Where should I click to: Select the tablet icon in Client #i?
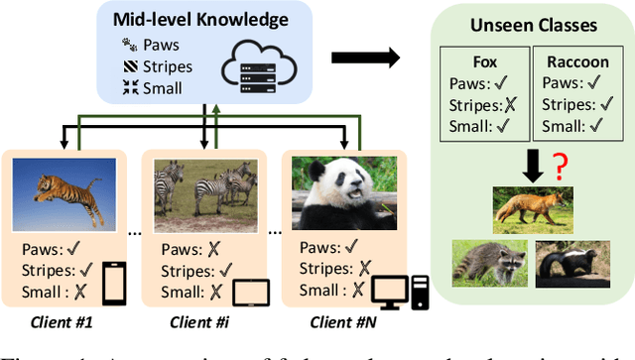tap(252, 293)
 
